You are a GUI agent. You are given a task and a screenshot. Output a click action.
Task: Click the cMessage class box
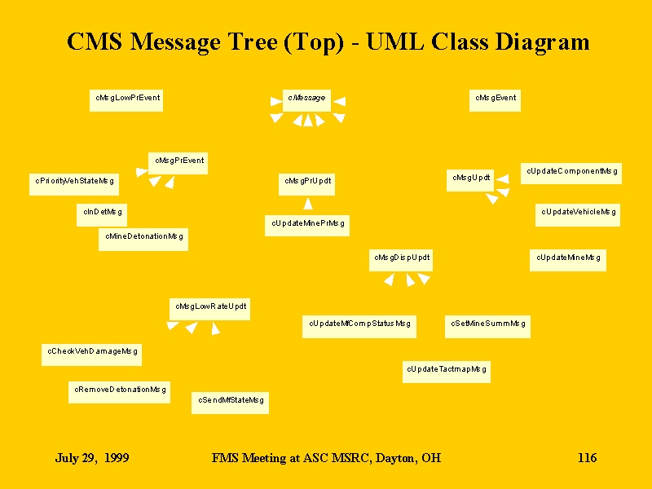[306, 100]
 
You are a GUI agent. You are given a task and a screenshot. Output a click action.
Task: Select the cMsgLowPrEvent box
[126, 100]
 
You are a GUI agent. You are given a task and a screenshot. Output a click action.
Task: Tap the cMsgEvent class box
[495, 100]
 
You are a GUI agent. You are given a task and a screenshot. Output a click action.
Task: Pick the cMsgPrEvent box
[178, 163]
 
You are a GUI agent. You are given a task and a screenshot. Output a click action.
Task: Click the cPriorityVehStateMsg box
[74, 184]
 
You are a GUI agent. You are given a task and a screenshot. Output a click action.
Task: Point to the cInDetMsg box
[102, 215]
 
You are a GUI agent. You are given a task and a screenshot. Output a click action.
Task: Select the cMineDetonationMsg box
[143, 239]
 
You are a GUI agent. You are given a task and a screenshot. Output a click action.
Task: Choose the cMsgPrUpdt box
[307, 184]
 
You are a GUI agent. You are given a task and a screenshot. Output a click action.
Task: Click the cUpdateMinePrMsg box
[307, 226]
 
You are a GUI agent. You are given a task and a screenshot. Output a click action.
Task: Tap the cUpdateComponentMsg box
[571, 174]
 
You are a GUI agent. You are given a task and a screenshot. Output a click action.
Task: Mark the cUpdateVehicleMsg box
[578, 215]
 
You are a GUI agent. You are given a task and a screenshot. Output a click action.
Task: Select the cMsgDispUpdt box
[401, 260]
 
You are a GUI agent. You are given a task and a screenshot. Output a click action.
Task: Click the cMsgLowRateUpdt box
[210, 309]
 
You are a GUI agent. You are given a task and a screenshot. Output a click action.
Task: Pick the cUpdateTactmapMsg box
[447, 372]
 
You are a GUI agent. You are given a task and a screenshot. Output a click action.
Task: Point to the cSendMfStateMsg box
[231, 403]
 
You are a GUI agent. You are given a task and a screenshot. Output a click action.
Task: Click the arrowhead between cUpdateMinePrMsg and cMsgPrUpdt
[308, 204]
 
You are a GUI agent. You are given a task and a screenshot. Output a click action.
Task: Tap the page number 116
[587, 458]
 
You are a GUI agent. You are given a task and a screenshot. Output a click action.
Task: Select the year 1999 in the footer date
[117, 458]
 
